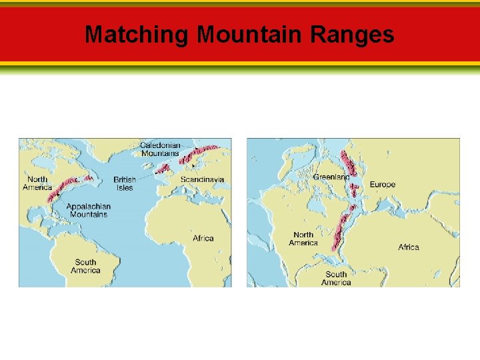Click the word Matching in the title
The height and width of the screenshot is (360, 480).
(137, 34)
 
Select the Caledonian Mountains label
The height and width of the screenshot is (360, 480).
(160, 149)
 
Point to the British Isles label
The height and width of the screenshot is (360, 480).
(125, 183)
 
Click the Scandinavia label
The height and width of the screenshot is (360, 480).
(202, 179)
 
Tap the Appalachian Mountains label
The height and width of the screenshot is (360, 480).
(88, 211)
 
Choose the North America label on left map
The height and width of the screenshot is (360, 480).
(37, 183)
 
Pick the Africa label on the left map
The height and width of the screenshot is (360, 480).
(203, 238)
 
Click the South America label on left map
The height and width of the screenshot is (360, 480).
(85, 266)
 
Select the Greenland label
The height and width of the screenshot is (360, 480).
(331, 177)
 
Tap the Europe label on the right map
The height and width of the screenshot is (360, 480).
(383, 184)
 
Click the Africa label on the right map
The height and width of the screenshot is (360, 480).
(409, 247)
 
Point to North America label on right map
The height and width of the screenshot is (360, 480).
(303, 239)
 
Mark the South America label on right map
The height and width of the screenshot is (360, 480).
(336, 278)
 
